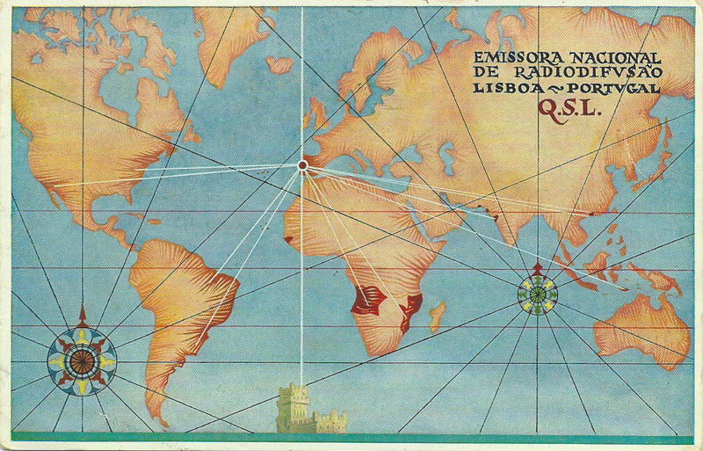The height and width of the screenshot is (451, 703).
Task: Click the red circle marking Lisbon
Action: (302, 164)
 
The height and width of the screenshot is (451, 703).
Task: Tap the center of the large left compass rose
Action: (81, 360)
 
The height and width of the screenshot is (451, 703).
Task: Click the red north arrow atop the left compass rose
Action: (82, 316)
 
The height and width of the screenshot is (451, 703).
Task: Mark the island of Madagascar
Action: (436, 316)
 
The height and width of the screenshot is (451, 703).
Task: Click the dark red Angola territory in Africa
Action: (367, 300)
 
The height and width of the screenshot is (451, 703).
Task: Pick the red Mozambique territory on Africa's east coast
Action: (410, 310)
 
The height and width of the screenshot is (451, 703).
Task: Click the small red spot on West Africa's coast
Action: (288, 237)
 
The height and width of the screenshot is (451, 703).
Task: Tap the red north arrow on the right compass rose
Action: (538, 266)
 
